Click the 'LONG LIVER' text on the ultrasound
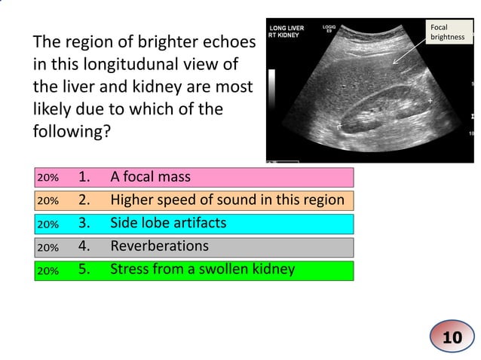[x=287, y=29]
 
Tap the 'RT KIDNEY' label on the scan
[x=285, y=35]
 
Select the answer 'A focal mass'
[x=150, y=178]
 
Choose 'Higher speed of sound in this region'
[x=227, y=200]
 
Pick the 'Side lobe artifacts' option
[x=168, y=224]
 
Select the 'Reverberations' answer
[x=159, y=246]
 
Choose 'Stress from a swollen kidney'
[x=202, y=269]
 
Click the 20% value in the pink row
[x=48, y=178]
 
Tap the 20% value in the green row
[x=48, y=270]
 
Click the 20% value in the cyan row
[x=48, y=224]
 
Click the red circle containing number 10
[x=452, y=337]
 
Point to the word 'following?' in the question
[x=72, y=131]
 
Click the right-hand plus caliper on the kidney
[x=430, y=100]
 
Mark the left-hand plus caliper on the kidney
[x=339, y=124]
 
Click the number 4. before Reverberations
[x=84, y=246]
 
